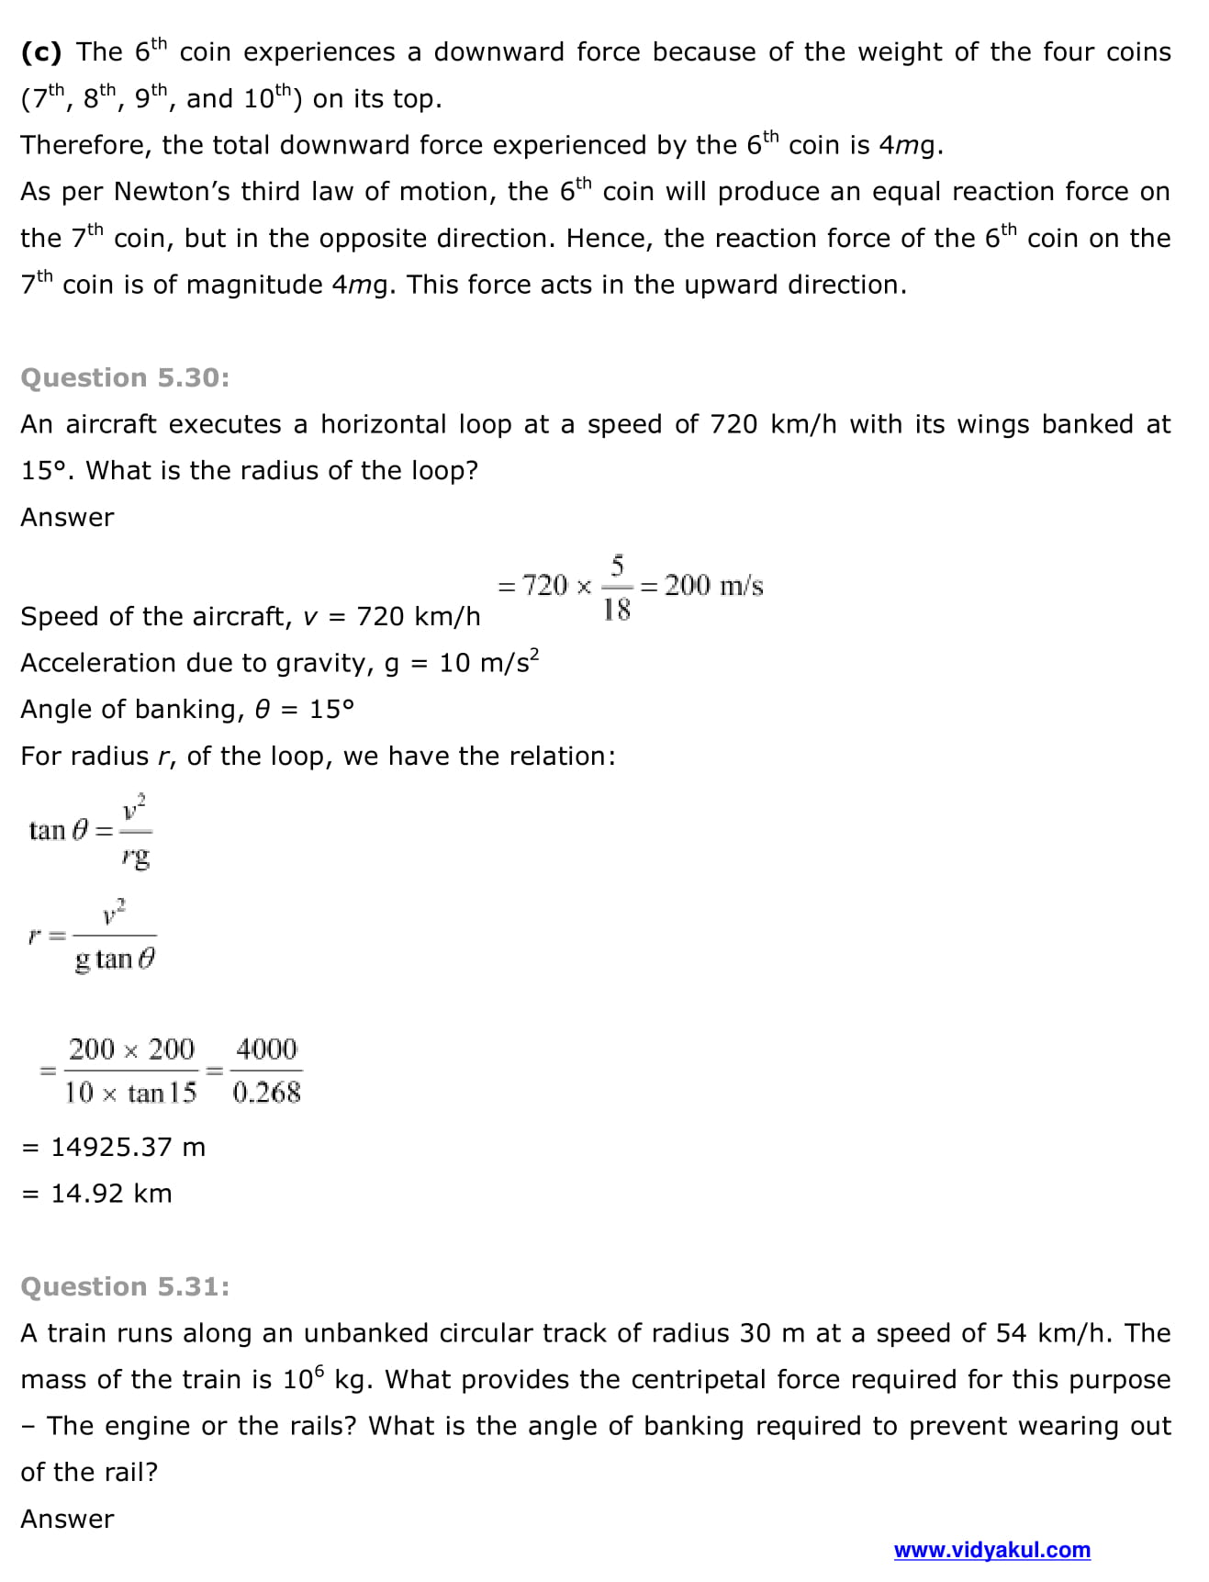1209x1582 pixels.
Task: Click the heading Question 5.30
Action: (x=125, y=377)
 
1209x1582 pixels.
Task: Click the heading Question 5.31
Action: (x=125, y=1286)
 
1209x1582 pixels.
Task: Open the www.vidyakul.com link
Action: (x=991, y=1551)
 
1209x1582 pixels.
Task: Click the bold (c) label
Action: (x=41, y=52)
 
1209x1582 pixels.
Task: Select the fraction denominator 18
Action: (x=617, y=610)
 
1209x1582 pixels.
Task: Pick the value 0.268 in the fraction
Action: (x=266, y=1093)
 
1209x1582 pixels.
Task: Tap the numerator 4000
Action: (x=266, y=1049)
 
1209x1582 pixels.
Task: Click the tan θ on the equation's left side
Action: (x=59, y=831)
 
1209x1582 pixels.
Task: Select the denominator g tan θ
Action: (x=115, y=959)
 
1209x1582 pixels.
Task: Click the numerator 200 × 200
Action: (x=131, y=1049)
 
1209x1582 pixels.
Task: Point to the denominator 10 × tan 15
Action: (x=130, y=1093)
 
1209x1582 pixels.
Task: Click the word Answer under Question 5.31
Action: (x=67, y=1519)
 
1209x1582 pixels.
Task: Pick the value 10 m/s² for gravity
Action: (x=488, y=662)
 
